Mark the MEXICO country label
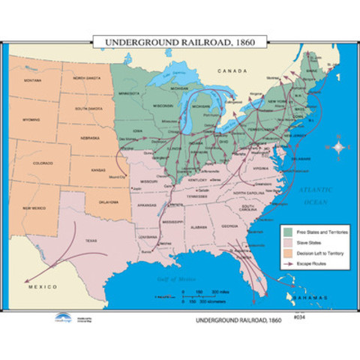click(37, 288)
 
